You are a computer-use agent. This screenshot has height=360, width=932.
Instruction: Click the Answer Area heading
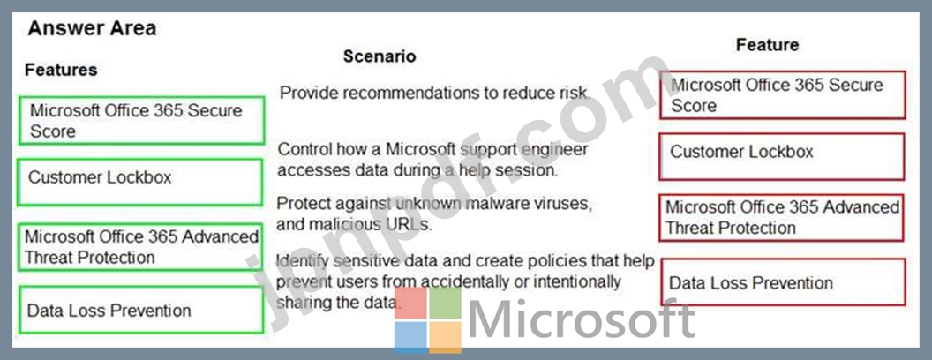pyautogui.click(x=92, y=28)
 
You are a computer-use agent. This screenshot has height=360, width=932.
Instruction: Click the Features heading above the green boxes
pyautogui.click(x=61, y=70)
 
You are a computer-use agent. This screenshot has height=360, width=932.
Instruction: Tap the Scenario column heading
pyautogui.click(x=380, y=56)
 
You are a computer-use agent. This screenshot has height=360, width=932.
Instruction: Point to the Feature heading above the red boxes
pyautogui.click(x=767, y=44)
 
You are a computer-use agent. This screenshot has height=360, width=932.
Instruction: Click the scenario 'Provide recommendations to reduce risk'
pyautogui.click(x=435, y=94)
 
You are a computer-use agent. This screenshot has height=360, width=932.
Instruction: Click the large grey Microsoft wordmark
pyautogui.click(x=582, y=319)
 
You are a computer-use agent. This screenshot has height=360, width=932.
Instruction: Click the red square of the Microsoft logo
pyautogui.click(x=410, y=304)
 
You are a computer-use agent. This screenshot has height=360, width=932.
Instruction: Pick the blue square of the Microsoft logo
pyautogui.click(x=410, y=337)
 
